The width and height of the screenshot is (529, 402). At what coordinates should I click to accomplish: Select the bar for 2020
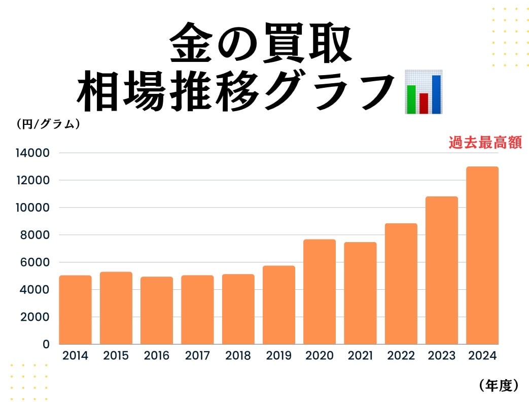(320, 292)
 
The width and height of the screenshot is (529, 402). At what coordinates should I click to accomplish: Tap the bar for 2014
(75, 310)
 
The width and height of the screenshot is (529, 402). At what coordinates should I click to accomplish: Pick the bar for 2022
(401, 284)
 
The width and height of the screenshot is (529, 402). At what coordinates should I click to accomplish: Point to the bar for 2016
(157, 310)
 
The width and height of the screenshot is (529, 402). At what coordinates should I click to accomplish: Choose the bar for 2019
(278, 305)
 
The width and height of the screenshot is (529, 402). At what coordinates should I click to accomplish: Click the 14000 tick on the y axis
(33, 153)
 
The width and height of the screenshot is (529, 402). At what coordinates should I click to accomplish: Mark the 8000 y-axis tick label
(36, 235)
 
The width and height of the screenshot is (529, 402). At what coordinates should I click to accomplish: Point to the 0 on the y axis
(47, 344)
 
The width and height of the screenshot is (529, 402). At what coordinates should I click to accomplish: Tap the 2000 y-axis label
(36, 317)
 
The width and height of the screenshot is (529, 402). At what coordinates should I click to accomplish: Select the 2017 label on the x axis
(197, 356)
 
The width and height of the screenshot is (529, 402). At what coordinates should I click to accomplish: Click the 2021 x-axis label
(360, 356)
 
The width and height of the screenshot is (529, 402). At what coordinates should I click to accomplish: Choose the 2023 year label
(441, 356)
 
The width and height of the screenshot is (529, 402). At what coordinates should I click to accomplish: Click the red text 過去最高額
(485, 143)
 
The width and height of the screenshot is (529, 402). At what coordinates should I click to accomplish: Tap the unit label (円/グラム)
(48, 123)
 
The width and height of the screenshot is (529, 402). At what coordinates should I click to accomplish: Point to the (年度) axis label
(498, 386)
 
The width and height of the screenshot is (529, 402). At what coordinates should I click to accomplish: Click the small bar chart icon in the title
(424, 92)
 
